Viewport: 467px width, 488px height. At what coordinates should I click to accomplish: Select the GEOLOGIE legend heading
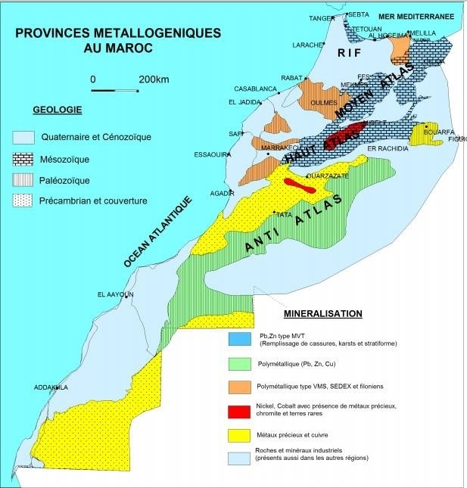(x=58, y=110)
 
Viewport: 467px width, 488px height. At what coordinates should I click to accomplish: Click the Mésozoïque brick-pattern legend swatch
(x=24, y=160)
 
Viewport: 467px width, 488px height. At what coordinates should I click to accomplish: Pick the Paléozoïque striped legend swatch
(x=24, y=180)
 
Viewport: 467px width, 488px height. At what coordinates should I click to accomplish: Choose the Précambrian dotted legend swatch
(x=24, y=201)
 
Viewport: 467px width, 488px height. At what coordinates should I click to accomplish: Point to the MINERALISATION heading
(x=323, y=313)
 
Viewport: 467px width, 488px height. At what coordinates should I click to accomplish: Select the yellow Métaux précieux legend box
(x=240, y=436)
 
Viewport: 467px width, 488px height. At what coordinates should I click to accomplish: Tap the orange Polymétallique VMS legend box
(x=240, y=386)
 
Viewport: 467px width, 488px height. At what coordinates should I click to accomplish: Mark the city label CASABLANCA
(x=255, y=89)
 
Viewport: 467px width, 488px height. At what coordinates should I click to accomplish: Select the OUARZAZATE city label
(x=326, y=176)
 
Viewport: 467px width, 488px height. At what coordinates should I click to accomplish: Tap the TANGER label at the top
(x=321, y=18)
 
